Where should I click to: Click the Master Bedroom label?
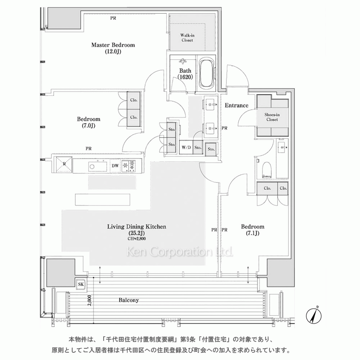pyautogui.click(x=113, y=48)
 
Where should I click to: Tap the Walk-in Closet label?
pyautogui.click(x=187, y=38)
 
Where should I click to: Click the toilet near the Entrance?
pyautogui.click(x=266, y=170)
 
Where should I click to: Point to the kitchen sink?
pyautogui.click(x=98, y=166)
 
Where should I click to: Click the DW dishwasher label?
pyautogui.click(x=115, y=166)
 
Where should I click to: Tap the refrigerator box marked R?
pyautogui.click(x=64, y=165)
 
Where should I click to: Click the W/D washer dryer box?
pyautogui.click(x=186, y=147)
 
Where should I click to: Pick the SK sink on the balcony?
pyautogui.click(x=81, y=284)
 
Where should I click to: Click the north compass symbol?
pyautogui.click(x=314, y=316)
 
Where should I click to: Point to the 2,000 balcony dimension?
pyautogui.click(x=90, y=300)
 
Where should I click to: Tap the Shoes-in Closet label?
pyautogui.click(x=272, y=117)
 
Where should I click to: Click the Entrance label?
pyautogui.click(x=237, y=105)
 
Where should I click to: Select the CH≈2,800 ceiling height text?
pyautogui.click(x=136, y=239)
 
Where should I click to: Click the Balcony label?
pyautogui.click(x=129, y=300)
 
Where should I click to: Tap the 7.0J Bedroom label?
pyautogui.click(x=89, y=122)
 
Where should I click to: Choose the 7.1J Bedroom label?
pyautogui.click(x=253, y=230)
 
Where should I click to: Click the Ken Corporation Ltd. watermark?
pyautogui.click(x=180, y=252)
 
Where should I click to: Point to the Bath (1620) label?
pyautogui.click(x=185, y=74)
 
